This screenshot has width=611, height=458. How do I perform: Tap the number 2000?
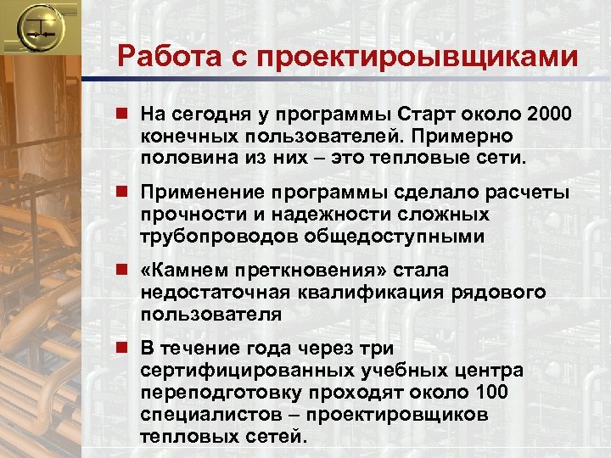tap(549, 114)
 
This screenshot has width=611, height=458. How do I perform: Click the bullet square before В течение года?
tap(125, 349)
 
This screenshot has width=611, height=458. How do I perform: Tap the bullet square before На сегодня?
tap(125, 114)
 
